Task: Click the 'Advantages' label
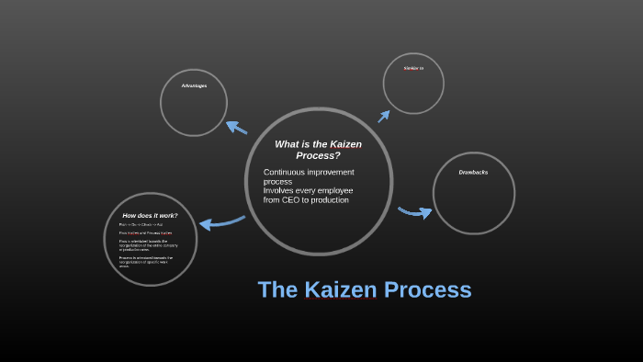[194, 85]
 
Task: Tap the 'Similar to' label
[413, 68]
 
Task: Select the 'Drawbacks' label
[473, 172]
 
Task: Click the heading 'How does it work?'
[150, 215]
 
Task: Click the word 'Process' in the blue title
[427, 290]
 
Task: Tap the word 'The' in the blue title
[276, 290]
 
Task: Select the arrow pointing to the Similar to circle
[384, 115]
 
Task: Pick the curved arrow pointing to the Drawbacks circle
[414, 212]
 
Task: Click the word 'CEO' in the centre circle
[296, 199]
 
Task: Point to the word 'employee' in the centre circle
[334, 190]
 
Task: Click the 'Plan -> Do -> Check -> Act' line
[141, 224]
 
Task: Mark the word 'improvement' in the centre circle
[331, 172]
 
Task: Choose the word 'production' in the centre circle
[328, 199]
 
